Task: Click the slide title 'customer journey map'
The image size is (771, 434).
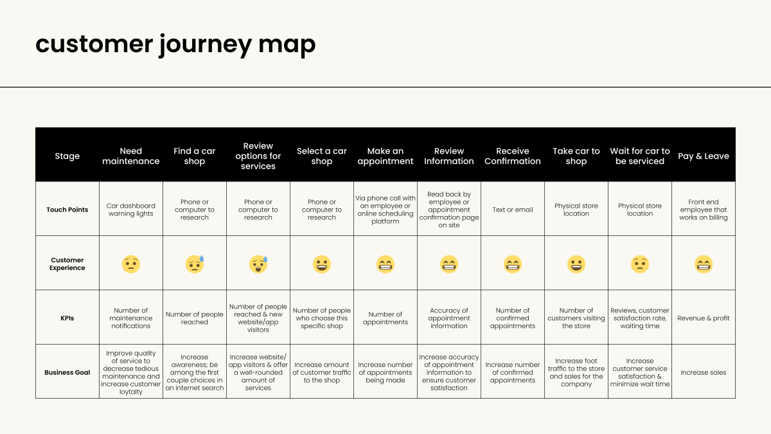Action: coord(175,44)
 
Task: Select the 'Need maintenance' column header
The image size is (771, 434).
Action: coord(131,156)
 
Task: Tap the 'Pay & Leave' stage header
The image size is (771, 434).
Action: coord(704,156)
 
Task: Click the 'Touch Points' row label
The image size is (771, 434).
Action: coord(67,210)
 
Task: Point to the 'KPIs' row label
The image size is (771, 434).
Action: coord(67,318)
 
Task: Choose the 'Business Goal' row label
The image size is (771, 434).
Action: coord(67,372)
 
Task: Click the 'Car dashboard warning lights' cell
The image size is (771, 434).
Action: coord(131,210)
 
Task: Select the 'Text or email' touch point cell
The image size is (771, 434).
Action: coord(513,210)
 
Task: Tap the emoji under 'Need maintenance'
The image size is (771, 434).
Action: coord(131,264)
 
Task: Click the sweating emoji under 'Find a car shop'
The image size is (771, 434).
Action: coord(195,264)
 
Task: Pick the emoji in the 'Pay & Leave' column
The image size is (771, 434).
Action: coord(704,264)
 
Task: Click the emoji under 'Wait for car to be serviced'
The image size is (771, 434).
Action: coord(640,264)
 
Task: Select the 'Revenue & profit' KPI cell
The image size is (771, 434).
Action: coord(704,318)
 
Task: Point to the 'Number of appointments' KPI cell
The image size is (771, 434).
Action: coord(385,318)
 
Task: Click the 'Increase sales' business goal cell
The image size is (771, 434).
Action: coord(704,372)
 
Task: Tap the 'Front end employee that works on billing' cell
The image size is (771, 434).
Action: coord(704,210)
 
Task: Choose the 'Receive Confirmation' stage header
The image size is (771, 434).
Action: coord(513,156)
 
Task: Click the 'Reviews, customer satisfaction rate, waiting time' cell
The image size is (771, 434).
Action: coord(640,318)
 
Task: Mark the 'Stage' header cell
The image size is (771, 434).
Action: coord(67,156)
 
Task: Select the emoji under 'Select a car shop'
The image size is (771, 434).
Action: coord(322,264)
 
